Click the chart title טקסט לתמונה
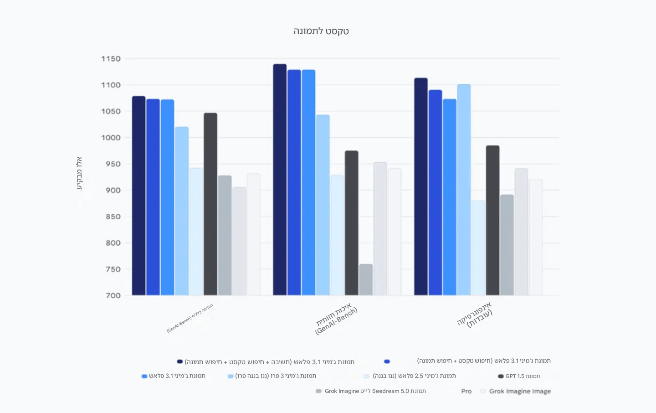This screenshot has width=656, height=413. pyautogui.click(x=321, y=31)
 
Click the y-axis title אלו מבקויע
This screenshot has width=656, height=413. pyautogui.click(x=79, y=173)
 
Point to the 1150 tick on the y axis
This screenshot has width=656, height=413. pyautogui.click(x=111, y=59)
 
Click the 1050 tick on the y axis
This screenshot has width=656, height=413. pyautogui.click(x=111, y=111)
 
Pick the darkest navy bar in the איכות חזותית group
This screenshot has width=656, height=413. pyautogui.click(x=280, y=180)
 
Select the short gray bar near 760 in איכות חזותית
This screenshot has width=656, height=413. pyautogui.click(x=366, y=279)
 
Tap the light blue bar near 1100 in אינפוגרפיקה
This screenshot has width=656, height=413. pyautogui.click(x=464, y=190)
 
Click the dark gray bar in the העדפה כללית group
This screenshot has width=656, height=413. pyautogui.click(x=210, y=204)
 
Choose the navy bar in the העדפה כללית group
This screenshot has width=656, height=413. pyautogui.click(x=138, y=196)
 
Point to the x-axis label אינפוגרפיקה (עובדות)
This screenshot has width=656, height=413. pyautogui.click(x=475, y=315)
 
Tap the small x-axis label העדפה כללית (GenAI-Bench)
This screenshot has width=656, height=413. pyautogui.click(x=190, y=318)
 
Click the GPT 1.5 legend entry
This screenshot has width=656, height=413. pyautogui.click(x=519, y=376)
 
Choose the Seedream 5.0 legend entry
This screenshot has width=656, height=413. pyautogui.click(x=371, y=391)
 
